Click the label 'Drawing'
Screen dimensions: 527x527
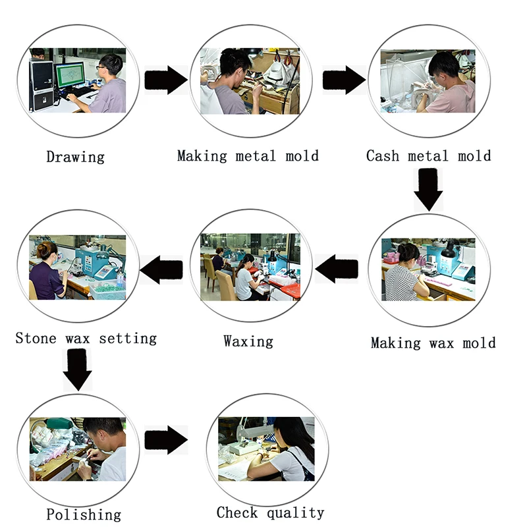[x=75, y=157]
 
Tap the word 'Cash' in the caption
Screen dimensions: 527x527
[x=383, y=155]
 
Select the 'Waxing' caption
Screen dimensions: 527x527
[x=248, y=341]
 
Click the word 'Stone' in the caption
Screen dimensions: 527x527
[x=36, y=338]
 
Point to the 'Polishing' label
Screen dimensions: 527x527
[x=84, y=514]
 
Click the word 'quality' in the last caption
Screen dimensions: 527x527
[x=295, y=513]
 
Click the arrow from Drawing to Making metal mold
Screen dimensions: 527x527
[x=166, y=80]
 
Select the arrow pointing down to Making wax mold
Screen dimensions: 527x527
[x=428, y=190]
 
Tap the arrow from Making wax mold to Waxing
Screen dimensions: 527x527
[x=337, y=269]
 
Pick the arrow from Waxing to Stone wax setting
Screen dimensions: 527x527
[x=161, y=269]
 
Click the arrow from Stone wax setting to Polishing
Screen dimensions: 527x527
[x=77, y=370]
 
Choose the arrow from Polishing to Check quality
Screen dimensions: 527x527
[x=166, y=440]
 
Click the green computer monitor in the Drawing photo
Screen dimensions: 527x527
[x=70, y=75]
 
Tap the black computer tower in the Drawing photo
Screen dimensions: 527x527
[x=42, y=86]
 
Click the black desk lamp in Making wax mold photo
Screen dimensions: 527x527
[x=448, y=250]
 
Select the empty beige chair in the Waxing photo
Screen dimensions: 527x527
[x=225, y=286]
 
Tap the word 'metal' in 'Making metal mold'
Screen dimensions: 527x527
[x=256, y=155]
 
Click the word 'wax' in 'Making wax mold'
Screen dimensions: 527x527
[x=441, y=343]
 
